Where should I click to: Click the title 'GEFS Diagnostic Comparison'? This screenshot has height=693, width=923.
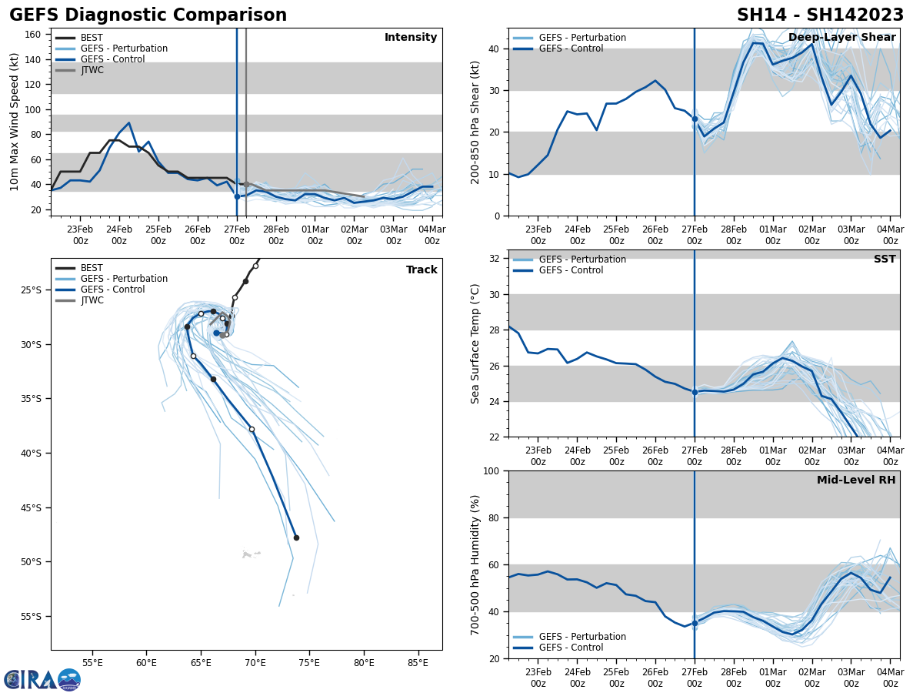148,15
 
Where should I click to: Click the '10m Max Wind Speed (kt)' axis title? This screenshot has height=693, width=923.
15,122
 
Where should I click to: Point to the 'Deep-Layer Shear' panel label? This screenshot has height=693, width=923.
841,38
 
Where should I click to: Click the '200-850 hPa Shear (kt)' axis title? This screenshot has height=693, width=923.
475,122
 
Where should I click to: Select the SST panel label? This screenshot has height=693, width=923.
884,259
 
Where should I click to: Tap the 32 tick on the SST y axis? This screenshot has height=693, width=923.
495,259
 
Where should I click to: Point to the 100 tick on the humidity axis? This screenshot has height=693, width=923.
492,470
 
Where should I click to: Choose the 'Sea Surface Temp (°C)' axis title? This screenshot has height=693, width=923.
475,343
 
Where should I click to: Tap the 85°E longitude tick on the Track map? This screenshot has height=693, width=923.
418,661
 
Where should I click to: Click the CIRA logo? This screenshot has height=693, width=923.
42,680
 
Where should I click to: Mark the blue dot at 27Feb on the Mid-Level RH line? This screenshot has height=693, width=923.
695,623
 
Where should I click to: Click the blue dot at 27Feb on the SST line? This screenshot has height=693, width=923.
695,392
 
